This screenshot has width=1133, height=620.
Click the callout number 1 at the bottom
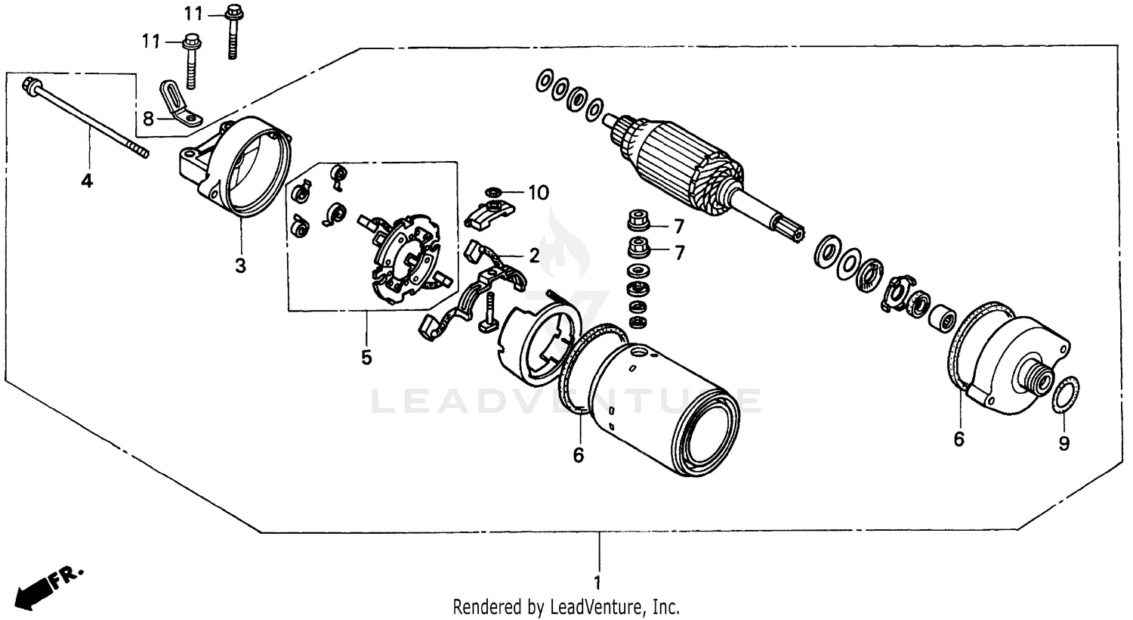click(x=598, y=583)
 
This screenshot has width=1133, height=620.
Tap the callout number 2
click(x=534, y=256)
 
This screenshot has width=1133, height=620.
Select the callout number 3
click(x=240, y=266)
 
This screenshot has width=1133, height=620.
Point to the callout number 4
click(x=88, y=181)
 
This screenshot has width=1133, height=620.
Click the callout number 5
click(x=366, y=357)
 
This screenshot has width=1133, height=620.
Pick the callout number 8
click(x=148, y=118)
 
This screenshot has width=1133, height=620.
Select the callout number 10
click(x=538, y=194)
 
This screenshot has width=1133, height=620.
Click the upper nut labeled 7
click(x=636, y=222)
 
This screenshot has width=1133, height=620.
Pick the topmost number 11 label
click(x=193, y=13)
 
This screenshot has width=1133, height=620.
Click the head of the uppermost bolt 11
click(x=232, y=12)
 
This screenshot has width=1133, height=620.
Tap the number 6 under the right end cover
click(x=959, y=439)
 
